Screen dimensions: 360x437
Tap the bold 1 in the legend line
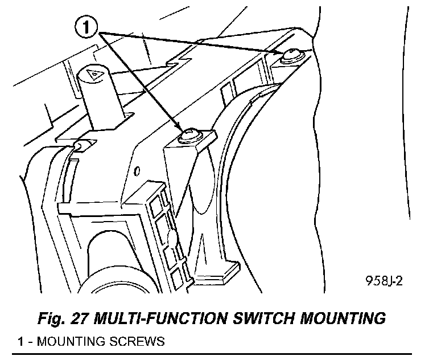(x=20, y=342)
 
